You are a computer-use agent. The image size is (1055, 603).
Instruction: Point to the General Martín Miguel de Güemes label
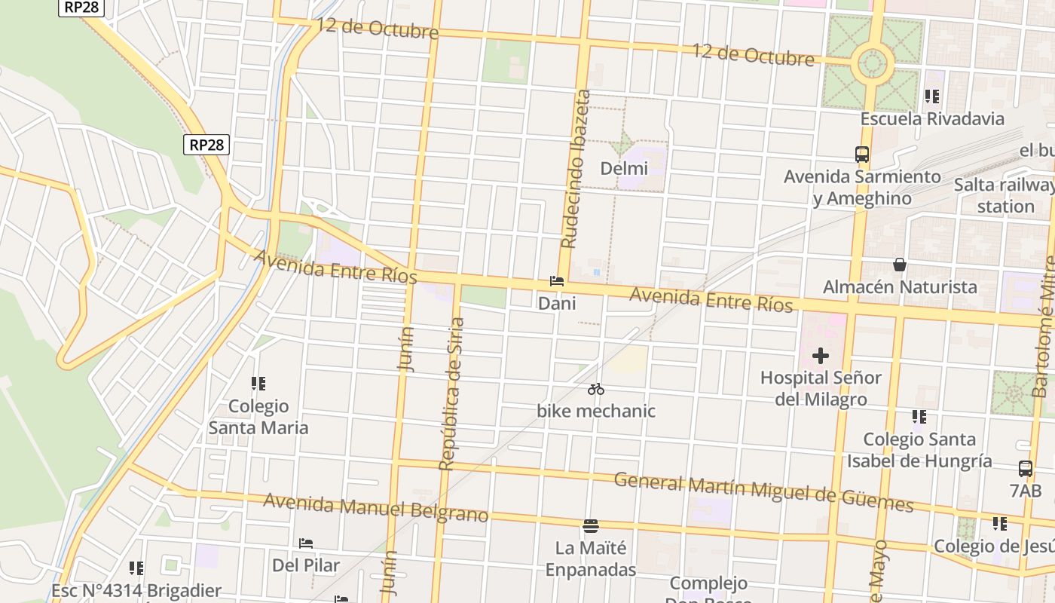[x=763, y=491]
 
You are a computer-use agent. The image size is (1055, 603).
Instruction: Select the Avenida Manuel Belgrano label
[x=375, y=507]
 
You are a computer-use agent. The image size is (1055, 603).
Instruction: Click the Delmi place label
[x=624, y=168]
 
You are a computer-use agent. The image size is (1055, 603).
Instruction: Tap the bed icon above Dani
[x=557, y=281]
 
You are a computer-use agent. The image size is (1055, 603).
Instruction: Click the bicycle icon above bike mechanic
[x=596, y=389]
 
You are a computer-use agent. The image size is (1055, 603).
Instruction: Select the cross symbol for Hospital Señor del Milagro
[x=821, y=355]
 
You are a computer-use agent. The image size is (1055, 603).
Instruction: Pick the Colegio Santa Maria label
[x=258, y=417]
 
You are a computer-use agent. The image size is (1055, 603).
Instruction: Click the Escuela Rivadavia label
[x=932, y=118]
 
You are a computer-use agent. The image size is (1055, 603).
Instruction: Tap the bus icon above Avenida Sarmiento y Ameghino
[x=862, y=155]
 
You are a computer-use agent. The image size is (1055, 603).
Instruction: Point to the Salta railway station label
[x=1004, y=195]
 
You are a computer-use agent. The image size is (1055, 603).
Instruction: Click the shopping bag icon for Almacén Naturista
[x=899, y=265]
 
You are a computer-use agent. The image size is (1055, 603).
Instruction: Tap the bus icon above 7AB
[x=1026, y=468]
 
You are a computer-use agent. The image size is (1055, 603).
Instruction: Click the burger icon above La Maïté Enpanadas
[x=591, y=525]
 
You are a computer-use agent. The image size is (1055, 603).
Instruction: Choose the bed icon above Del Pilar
[x=305, y=543]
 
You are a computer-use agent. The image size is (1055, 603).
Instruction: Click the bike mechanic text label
[x=596, y=411]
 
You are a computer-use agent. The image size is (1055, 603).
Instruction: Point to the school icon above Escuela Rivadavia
[x=932, y=96]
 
